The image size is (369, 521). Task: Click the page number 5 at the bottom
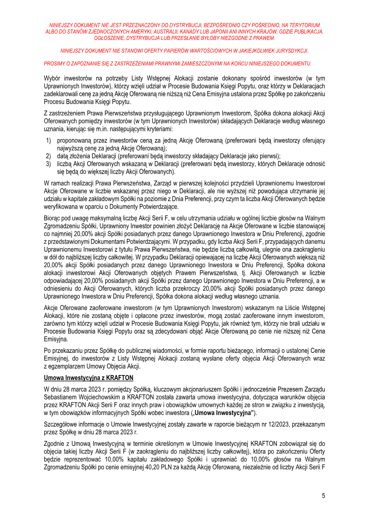[323, 496]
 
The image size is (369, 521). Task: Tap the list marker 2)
[48, 156]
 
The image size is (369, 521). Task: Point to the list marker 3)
[48, 164]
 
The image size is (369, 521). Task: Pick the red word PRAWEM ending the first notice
[262, 38]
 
